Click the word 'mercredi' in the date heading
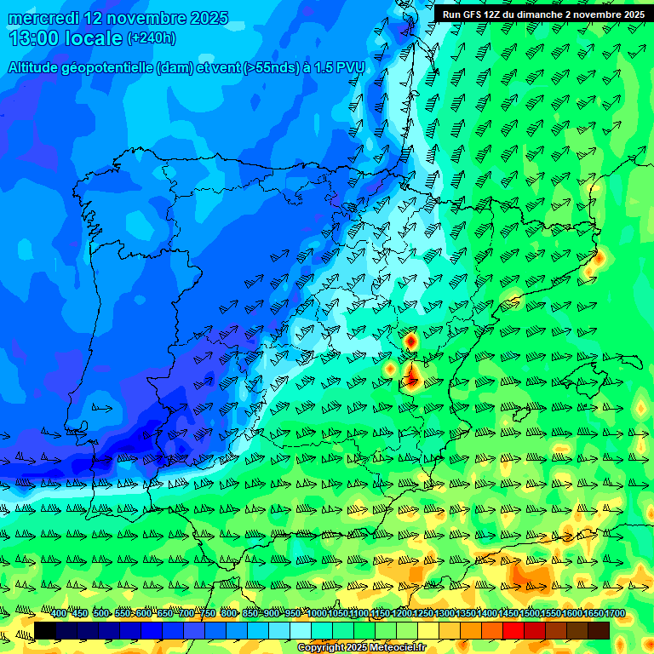coord(43,18)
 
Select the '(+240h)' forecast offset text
coord(151,38)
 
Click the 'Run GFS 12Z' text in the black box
coord(473,14)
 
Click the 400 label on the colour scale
coord(59,614)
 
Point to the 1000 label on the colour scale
coord(317,614)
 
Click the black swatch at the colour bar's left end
coord(45,630)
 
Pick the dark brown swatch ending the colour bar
coord(599,630)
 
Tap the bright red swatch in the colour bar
coord(513,630)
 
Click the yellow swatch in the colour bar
coord(428,630)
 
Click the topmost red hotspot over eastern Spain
coord(410,341)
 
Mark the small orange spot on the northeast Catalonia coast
coord(598,256)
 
